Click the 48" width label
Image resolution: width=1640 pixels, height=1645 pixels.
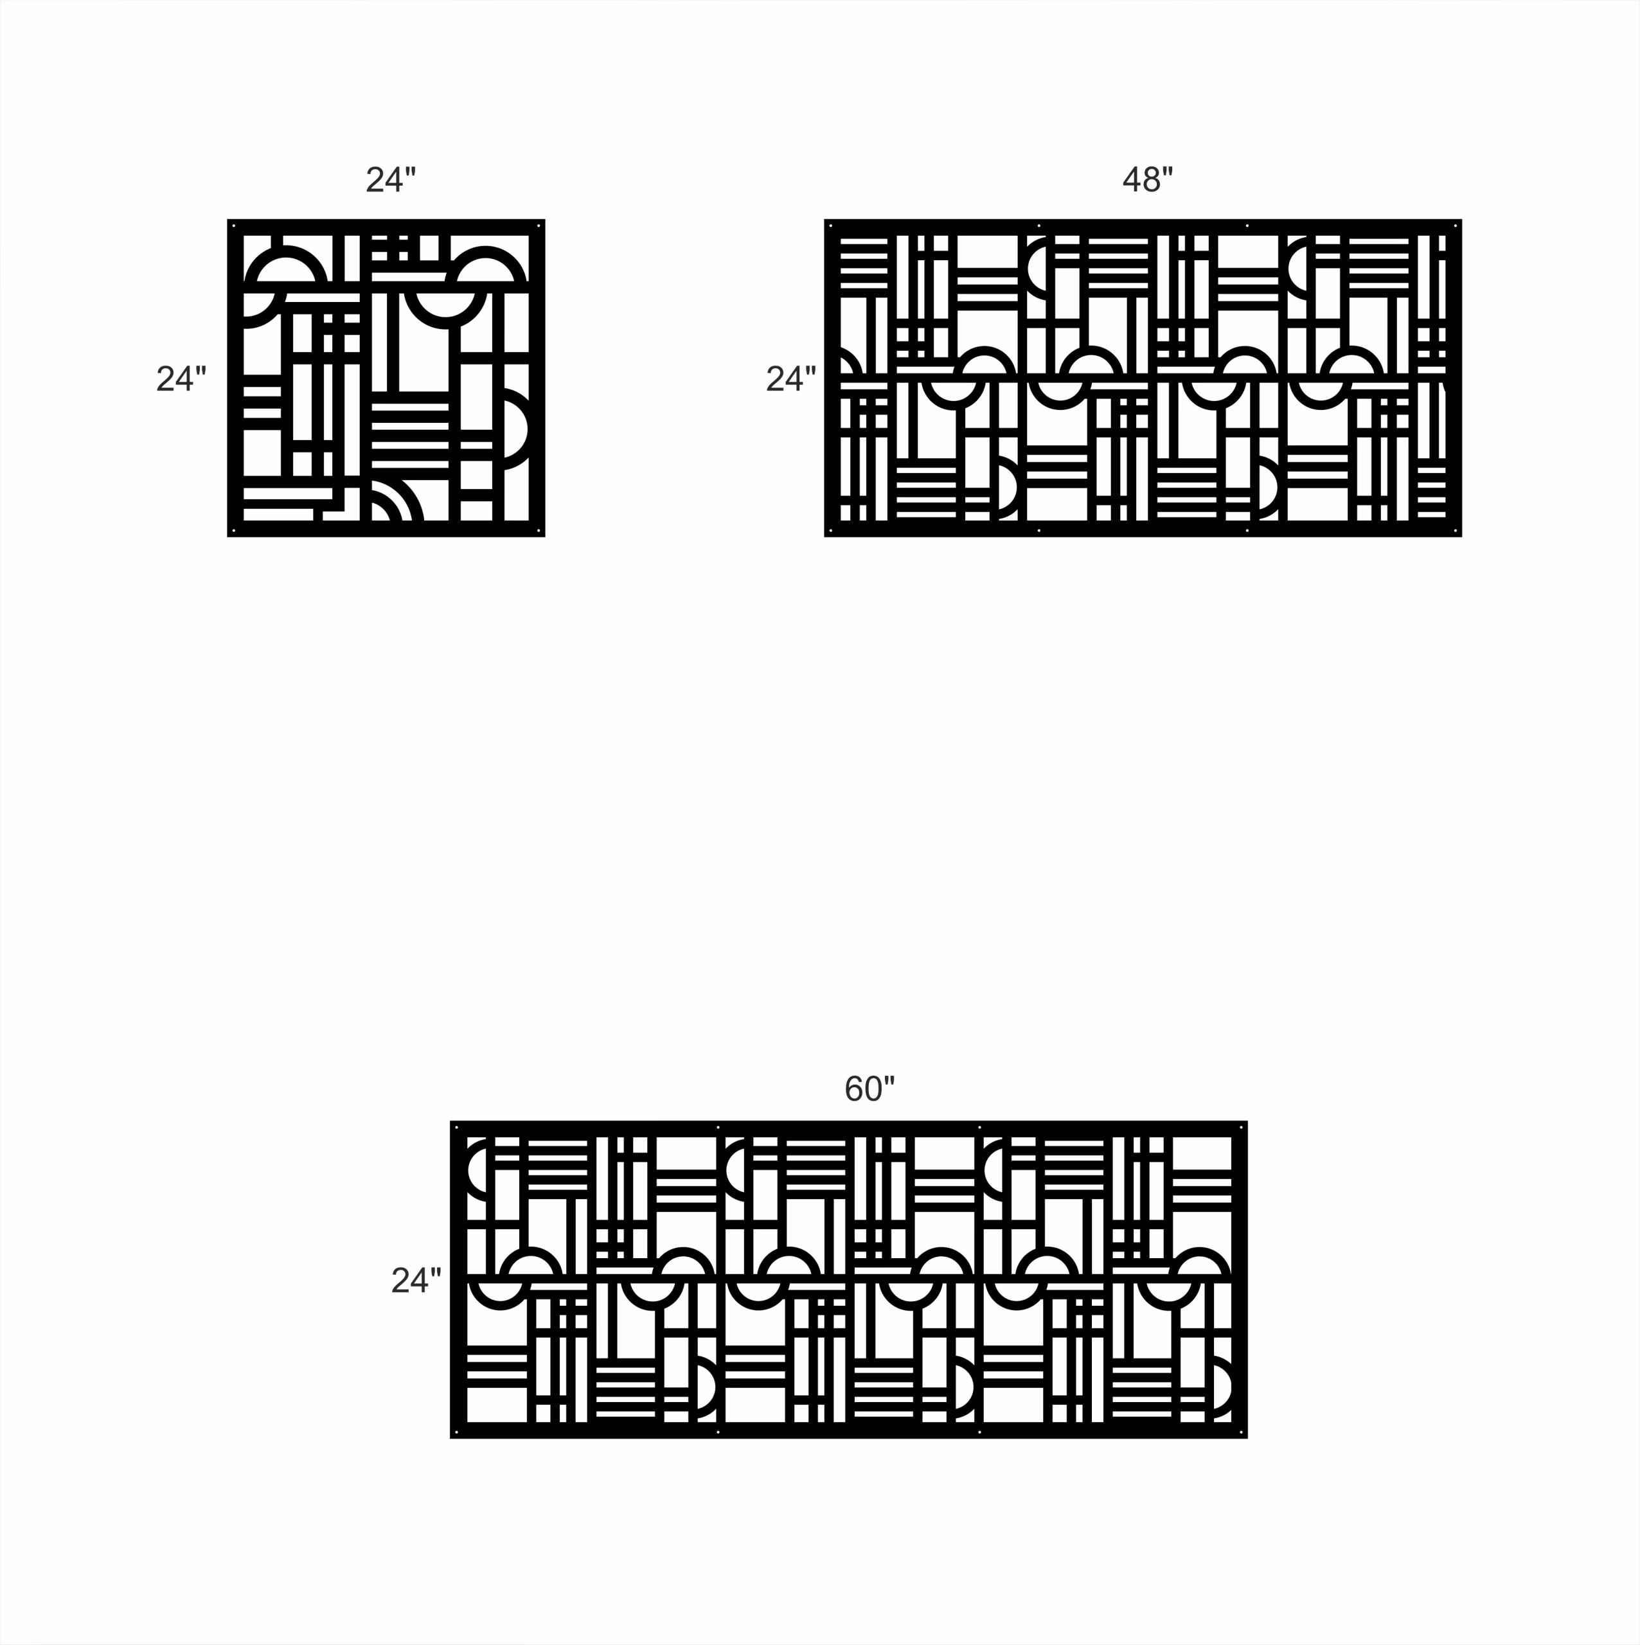1147,180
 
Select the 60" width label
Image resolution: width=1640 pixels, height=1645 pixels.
869,1088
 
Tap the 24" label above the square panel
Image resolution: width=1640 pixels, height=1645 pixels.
391,180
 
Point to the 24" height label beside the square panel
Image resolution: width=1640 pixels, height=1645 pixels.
181,379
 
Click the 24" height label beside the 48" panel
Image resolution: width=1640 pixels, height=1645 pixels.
791,379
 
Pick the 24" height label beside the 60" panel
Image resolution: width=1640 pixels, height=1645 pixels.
416,1281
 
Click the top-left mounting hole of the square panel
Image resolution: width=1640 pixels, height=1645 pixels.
234,226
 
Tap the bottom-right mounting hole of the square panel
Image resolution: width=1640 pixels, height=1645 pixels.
538,531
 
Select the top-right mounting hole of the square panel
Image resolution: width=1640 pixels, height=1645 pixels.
538,226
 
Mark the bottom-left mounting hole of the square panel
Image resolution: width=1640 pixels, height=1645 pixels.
234,531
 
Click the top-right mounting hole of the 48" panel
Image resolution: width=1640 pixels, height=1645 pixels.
1454,226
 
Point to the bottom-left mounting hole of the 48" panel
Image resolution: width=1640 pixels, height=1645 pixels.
831,531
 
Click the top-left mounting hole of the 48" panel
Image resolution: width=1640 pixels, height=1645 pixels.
831,226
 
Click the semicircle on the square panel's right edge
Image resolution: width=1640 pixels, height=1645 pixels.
513,429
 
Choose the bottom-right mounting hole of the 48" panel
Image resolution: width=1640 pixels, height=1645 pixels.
1454,531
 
